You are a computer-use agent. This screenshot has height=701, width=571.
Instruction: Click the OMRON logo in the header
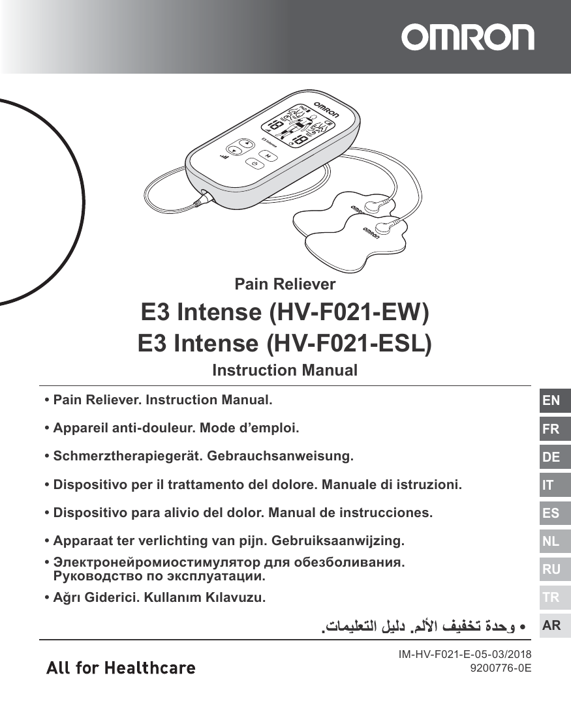point(467,38)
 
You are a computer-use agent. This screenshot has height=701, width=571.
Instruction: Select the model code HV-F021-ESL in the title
point(350,343)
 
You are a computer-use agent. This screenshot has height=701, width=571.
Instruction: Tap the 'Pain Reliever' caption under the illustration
point(285,284)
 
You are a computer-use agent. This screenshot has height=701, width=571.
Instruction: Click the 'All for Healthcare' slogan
point(121,668)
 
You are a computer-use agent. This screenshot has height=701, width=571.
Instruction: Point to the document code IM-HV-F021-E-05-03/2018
point(465,655)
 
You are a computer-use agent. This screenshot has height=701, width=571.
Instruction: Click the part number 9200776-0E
point(496,668)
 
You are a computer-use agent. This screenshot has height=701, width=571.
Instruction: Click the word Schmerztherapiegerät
point(126,456)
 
